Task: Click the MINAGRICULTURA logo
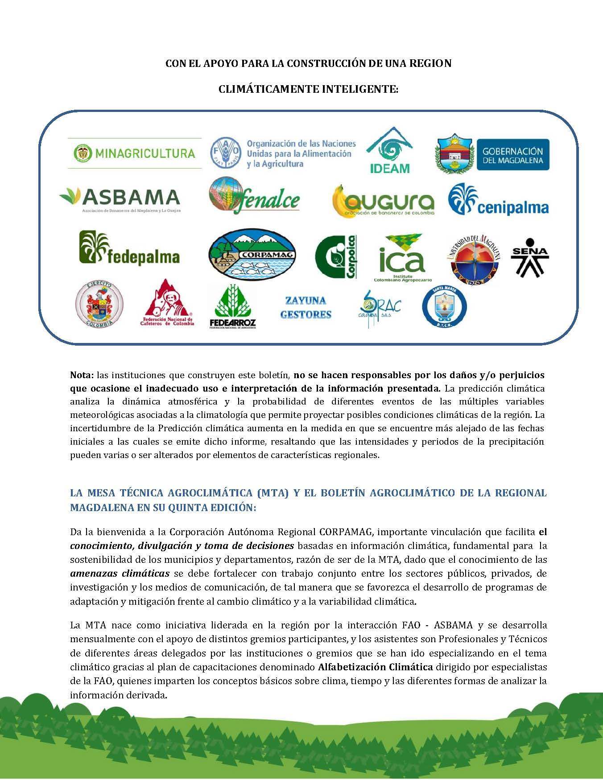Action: pyautogui.click(x=134, y=153)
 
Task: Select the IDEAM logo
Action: pyautogui.click(x=389, y=150)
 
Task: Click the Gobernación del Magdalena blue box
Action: pyautogui.click(x=512, y=154)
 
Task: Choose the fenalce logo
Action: pyautogui.click(x=255, y=196)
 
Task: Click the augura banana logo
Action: pyautogui.click(x=383, y=201)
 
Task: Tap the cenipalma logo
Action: pyautogui.click(x=498, y=200)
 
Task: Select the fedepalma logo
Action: pyautogui.click(x=129, y=249)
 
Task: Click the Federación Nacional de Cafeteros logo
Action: pyautogui.click(x=168, y=304)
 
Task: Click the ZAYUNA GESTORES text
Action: pyautogui.click(x=306, y=307)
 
